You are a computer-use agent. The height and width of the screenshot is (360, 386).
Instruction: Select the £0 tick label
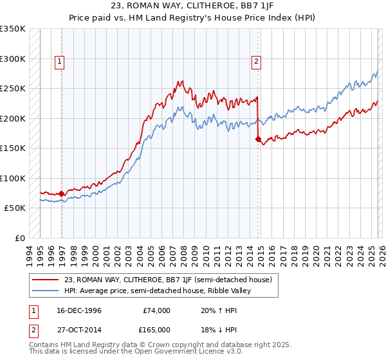click(x=19, y=238)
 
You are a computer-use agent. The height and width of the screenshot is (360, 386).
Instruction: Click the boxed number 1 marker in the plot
click(x=59, y=62)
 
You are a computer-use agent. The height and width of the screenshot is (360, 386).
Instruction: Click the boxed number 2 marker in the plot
click(x=256, y=62)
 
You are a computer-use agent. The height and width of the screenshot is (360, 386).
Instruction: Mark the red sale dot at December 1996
click(x=62, y=194)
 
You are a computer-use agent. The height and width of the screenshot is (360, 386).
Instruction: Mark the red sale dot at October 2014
click(x=258, y=139)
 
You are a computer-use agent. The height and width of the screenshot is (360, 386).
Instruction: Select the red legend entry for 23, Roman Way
click(x=168, y=280)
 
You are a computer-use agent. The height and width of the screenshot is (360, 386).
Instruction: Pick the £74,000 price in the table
click(x=156, y=310)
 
